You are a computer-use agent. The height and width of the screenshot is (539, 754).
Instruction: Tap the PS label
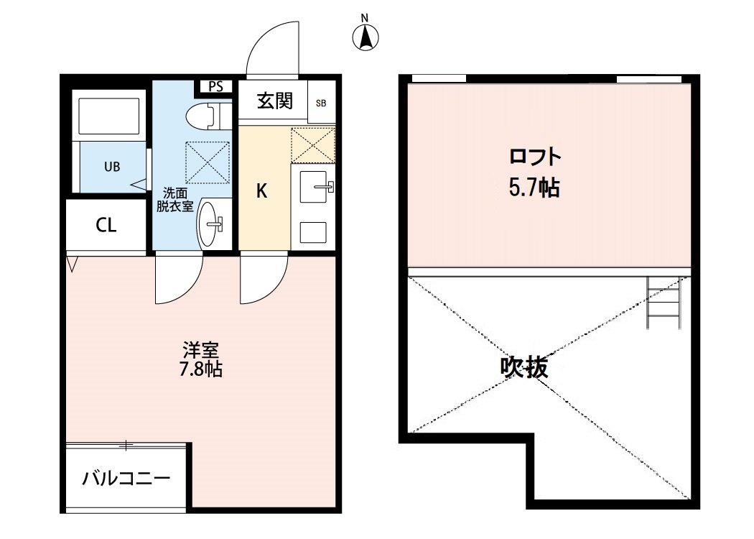pos(215,86)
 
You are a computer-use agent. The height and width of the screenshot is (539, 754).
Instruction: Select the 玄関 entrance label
pos(274,101)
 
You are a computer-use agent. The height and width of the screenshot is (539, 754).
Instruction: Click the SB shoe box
pos(320,102)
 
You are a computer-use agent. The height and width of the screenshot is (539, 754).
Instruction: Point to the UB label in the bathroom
pos(112,167)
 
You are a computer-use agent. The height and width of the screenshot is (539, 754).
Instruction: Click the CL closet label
pos(106,226)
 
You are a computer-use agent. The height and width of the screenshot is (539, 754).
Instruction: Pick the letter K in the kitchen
pos(262,191)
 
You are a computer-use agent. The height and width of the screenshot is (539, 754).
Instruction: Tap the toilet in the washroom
pos(206,115)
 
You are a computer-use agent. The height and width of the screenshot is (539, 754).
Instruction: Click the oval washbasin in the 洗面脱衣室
pos(210,224)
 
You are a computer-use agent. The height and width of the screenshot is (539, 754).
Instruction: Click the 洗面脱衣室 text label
pos(174,199)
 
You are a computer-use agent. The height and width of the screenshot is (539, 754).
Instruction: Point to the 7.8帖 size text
pos(200,370)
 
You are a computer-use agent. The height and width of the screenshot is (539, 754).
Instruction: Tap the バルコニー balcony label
pos(126,478)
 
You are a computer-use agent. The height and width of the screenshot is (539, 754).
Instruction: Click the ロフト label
pos(534,157)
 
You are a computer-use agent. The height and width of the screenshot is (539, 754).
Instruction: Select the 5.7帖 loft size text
pos(534,188)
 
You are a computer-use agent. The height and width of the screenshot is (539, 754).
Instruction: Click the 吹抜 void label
pos(524,368)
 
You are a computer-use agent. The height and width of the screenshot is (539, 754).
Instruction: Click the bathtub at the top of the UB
pos(111,115)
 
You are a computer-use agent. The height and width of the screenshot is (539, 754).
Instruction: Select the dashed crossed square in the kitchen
pos(313,145)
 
